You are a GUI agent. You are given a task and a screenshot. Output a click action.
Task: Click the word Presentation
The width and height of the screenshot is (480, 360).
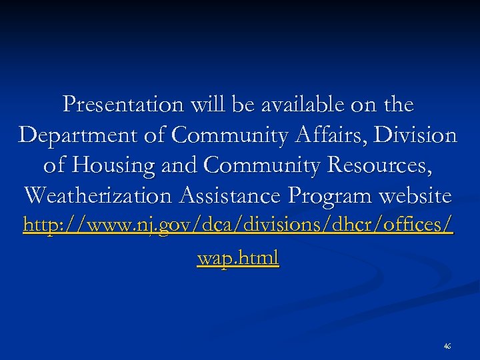point(123,105)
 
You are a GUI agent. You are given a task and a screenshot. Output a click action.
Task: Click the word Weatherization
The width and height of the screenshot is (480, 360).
point(96,197)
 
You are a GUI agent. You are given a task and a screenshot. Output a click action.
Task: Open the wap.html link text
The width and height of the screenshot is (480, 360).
point(238,258)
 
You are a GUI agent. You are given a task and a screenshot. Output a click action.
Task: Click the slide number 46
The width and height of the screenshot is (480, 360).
point(447,346)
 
